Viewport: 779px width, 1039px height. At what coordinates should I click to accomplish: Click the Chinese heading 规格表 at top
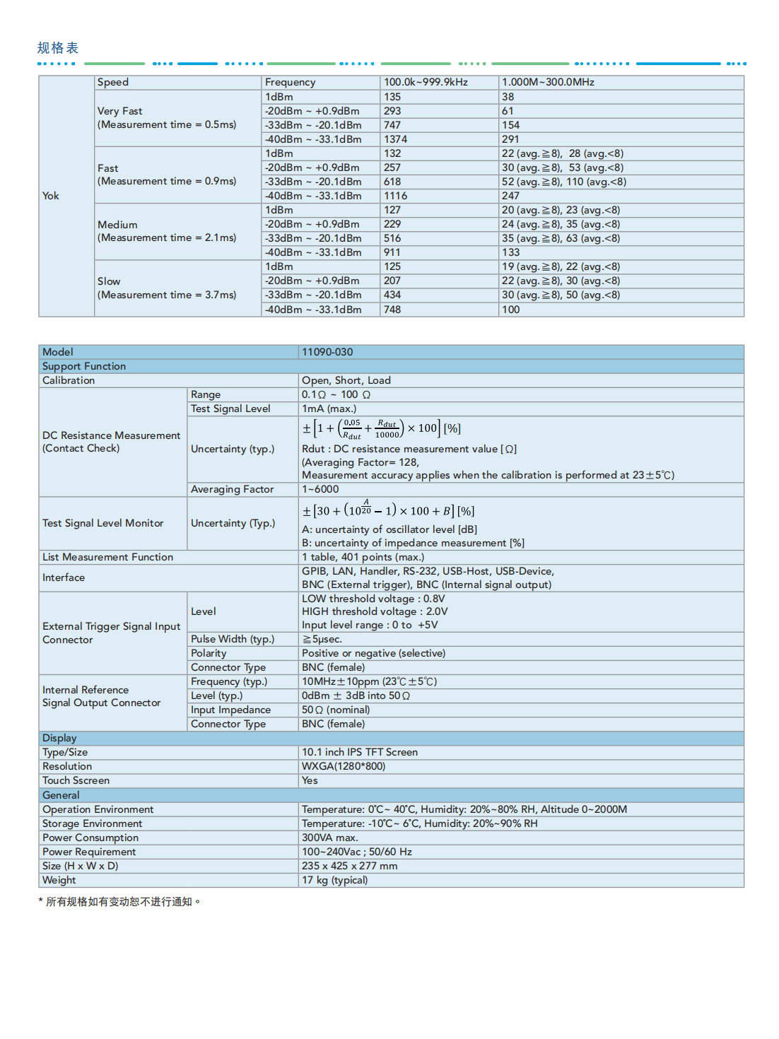point(58,48)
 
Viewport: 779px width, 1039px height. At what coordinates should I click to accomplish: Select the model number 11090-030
point(327,352)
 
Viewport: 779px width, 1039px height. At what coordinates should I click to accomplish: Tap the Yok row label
point(51,196)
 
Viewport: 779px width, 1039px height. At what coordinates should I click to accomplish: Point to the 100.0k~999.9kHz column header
point(426,82)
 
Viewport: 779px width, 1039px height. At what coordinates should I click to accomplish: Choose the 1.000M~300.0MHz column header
point(548,82)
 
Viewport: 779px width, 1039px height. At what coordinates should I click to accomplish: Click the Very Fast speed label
point(120,111)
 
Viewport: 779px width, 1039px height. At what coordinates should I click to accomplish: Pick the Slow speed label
point(109,281)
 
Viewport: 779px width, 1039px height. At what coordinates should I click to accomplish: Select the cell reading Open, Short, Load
point(346,380)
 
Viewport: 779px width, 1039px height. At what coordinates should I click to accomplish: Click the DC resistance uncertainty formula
point(382,428)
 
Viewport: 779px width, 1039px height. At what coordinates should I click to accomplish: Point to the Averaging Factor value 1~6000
point(320,489)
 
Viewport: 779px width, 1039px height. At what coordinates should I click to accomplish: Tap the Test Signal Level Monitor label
point(103,523)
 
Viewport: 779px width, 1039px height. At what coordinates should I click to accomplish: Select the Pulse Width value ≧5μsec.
point(322,639)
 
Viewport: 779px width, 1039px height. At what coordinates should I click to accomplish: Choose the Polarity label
point(209,653)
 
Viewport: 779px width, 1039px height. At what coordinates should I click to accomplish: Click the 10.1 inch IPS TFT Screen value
point(360,752)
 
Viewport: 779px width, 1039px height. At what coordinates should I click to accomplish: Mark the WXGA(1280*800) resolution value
point(344,766)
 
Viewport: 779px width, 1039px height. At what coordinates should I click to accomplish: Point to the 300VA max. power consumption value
point(330,838)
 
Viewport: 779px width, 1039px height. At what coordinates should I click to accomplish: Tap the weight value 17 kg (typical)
point(335,880)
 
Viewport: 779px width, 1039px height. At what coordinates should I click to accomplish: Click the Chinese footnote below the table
point(120,902)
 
